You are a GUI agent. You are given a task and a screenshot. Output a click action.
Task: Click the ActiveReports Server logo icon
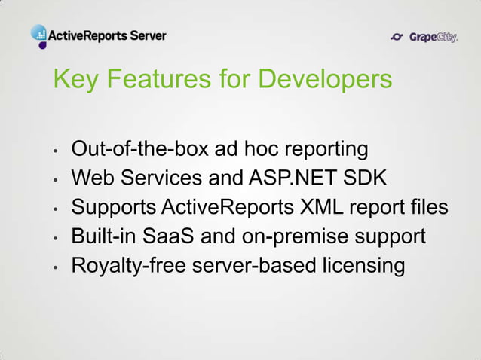pos(39,34)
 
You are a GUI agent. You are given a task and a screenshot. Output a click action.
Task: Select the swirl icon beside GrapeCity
pos(399,36)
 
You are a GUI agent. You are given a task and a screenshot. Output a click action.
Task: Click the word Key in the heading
pos(74,79)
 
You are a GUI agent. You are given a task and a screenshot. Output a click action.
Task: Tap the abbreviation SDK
pos(366,178)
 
